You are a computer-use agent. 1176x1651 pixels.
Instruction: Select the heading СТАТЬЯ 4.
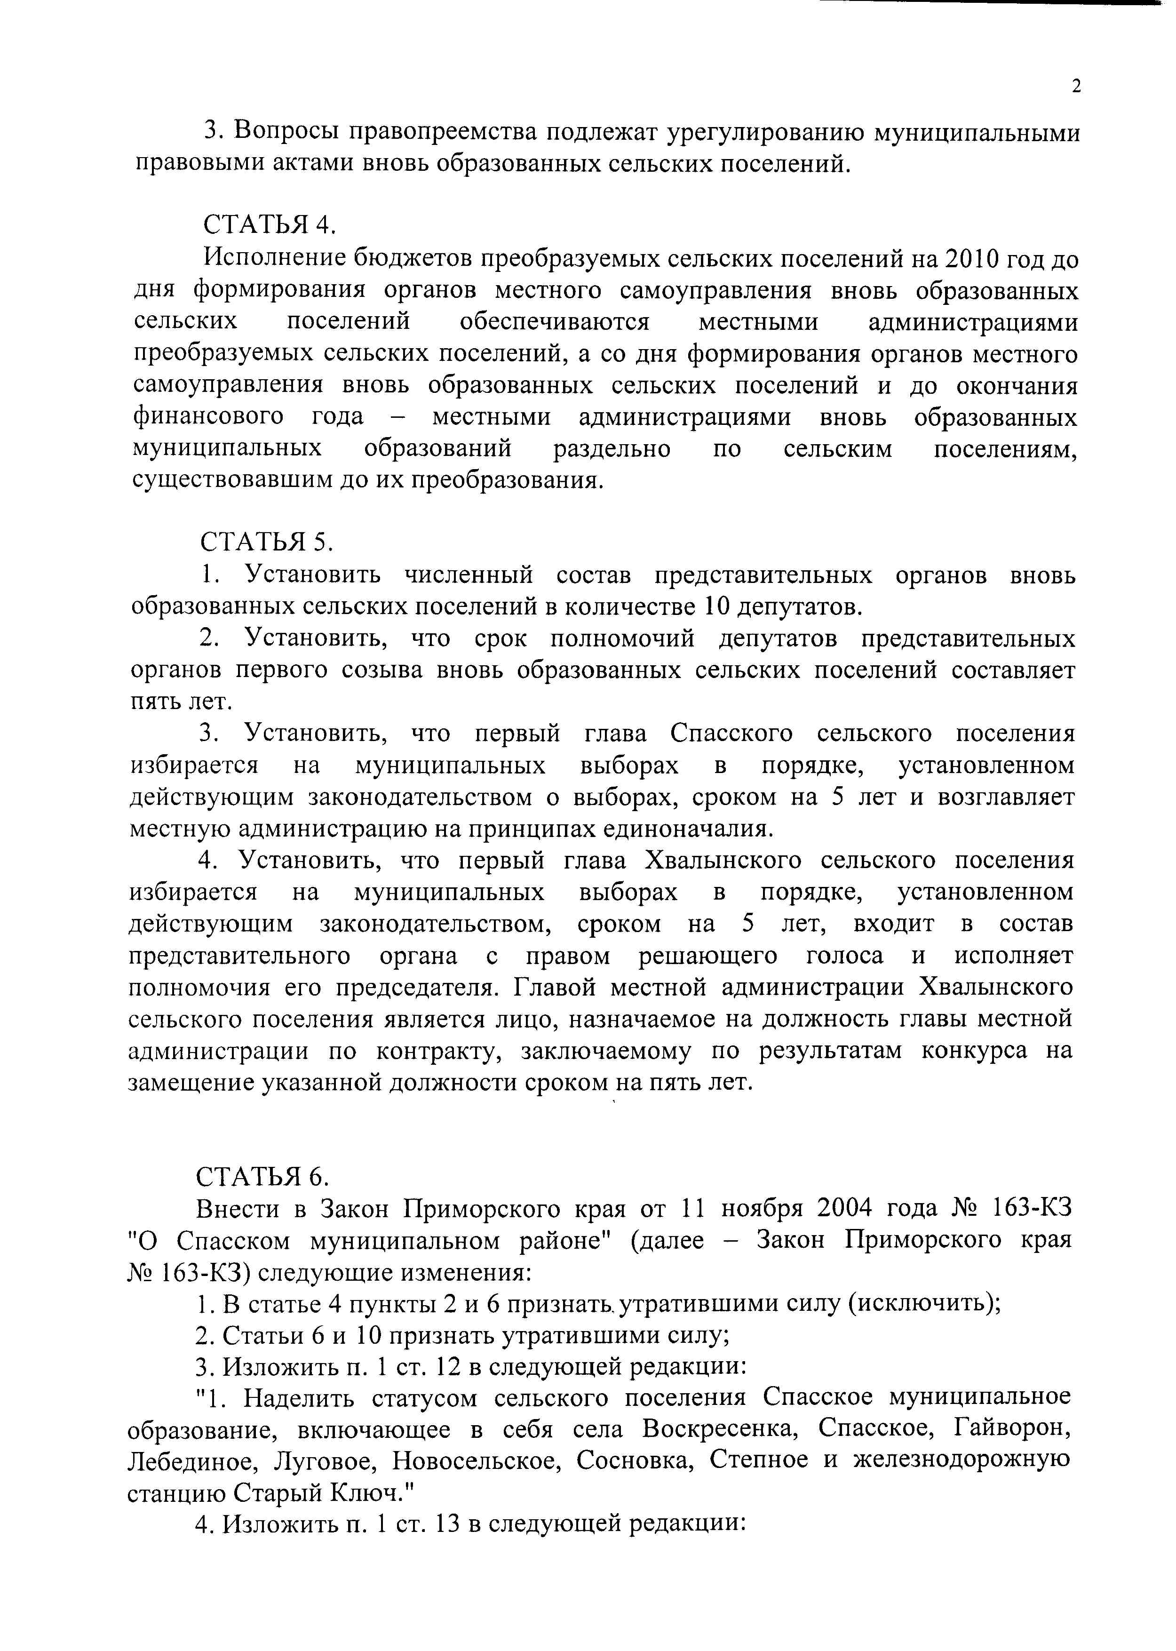point(270,225)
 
